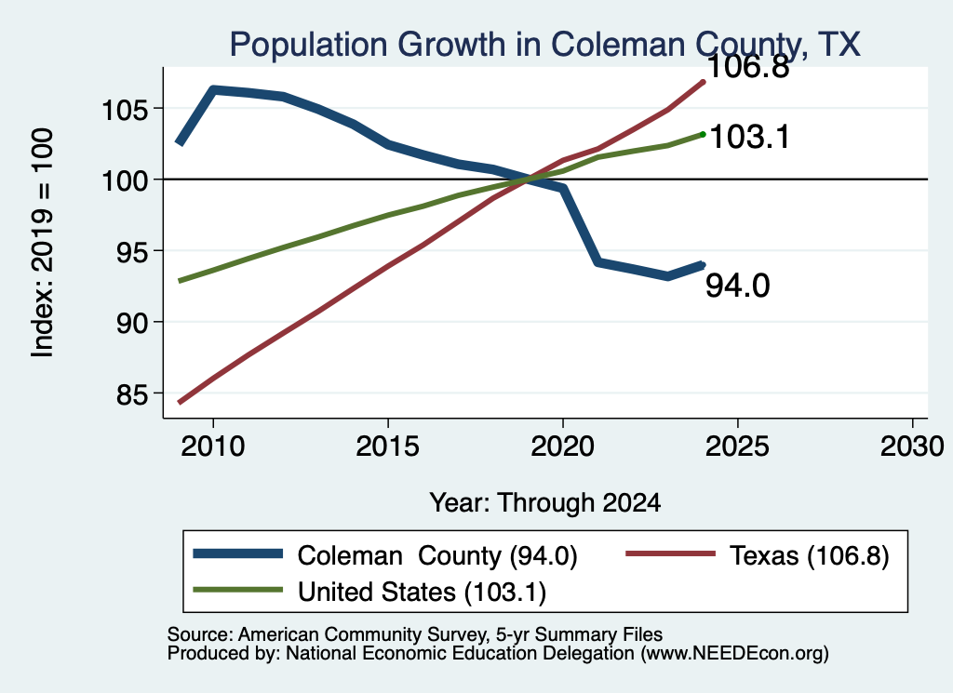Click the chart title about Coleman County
coord(545,45)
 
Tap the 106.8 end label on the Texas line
coord(748,66)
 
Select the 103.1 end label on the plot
coord(749,137)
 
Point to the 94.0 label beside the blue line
coord(737,286)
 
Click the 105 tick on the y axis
coord(126,111)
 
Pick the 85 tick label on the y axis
coord(132,394)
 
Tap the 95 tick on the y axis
coord(132,253)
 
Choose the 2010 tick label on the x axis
coord(213,447)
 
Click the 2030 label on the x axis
coord(912,447)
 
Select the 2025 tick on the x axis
coord(737,447)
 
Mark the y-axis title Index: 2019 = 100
coord(43,243)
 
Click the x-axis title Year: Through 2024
coord(545,503)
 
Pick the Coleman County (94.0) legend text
coord(437,555)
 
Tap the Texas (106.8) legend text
coord(809,555)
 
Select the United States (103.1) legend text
coord(422,593)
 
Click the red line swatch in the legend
coord(670,553)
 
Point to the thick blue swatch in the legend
coord(237,553)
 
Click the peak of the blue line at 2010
coord(213,90)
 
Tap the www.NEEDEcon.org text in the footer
coord(735,654)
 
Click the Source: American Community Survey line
coord(414,634)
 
